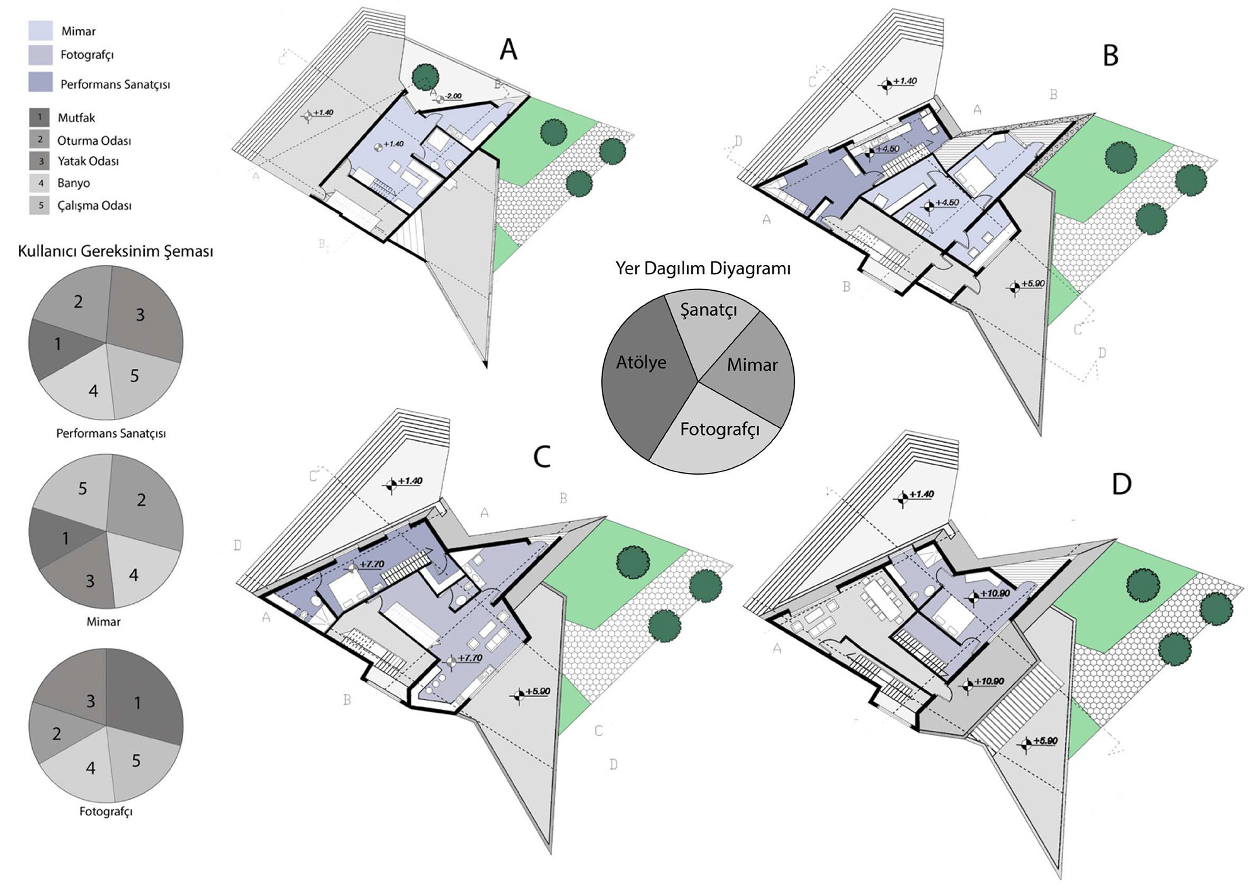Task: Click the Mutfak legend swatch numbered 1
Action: [39, 117]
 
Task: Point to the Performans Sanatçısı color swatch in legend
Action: [40, 82]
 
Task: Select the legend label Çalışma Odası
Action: [94, 205]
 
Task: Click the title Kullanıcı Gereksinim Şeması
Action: [115, 251]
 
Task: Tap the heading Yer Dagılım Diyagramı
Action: [703, 269]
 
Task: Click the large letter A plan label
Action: [508, 49]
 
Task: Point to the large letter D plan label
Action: [1122, 484]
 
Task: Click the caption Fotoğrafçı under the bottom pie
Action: [106, 812]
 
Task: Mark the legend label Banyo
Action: [74, 183]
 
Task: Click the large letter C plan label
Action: [542, 457]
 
